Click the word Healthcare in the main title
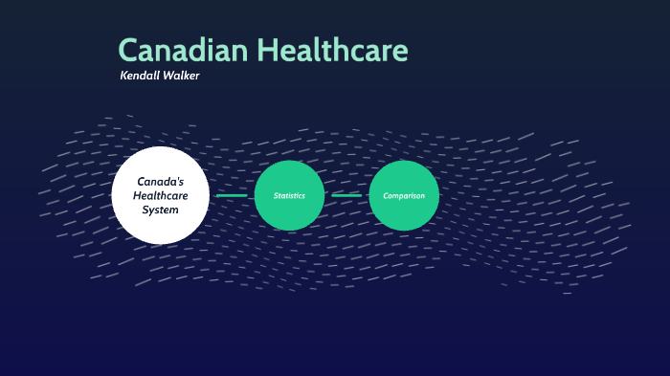334,51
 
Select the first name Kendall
143,76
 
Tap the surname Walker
184,76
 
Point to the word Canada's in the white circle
160,181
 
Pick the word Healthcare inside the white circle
160,195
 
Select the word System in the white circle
160,210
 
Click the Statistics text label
289,195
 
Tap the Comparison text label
404,195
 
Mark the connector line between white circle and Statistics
232,195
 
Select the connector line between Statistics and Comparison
346,195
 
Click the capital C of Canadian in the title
129,51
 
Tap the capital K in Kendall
123,76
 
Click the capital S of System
145,210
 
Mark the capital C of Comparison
386,195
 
